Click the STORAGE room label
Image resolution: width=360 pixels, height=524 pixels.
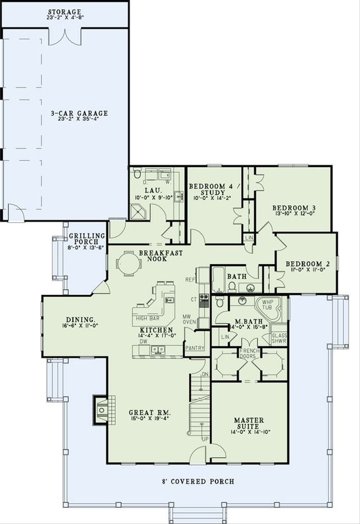tap(64, 12)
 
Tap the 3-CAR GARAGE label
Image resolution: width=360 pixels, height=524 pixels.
tap(80, 113)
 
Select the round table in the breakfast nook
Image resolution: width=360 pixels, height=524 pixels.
tap(128, 263)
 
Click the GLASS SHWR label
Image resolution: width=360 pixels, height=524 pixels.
tap(279, 338)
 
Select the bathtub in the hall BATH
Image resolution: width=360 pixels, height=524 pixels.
tap(219, 280)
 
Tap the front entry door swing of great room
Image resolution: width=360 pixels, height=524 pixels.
tap(213, 455)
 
